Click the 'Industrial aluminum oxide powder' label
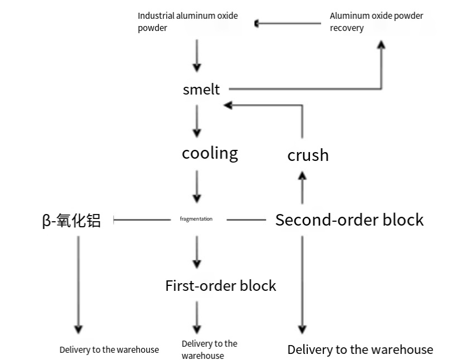point(188,22)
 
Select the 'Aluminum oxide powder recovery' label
point(376,22)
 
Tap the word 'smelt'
point(201,90)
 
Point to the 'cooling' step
point(210,153)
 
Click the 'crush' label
point(308,155)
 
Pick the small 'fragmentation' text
point(196,219)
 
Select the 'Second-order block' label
point(349,220)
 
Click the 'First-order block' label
point(220,285)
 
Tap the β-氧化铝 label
point(71,221)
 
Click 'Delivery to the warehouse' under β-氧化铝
point(109,349)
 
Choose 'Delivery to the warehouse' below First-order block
point(209,349)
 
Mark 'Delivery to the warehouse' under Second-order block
point(360,349)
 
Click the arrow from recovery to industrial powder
point(288,23)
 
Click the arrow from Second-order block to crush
point(302,188)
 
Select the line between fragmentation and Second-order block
point(246,220)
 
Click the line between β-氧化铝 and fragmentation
point(142,220)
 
